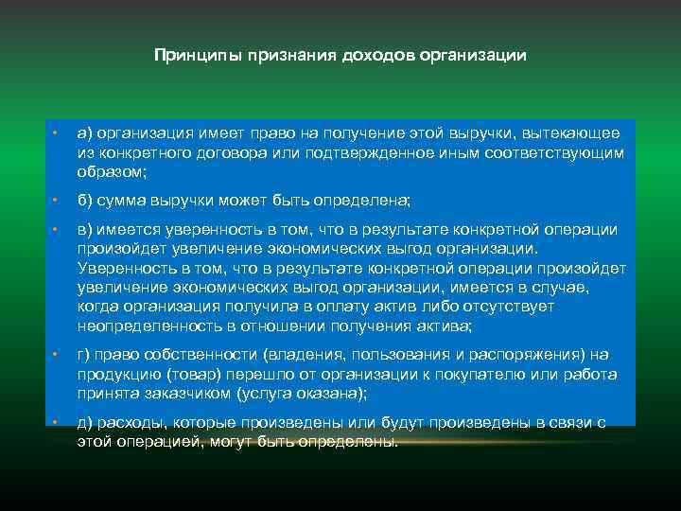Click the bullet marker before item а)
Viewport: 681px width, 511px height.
point(57,134)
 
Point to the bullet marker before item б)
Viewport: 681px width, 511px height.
point(57,202)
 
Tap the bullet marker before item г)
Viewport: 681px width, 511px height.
point(57,355)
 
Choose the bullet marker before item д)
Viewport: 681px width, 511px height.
point(57,422)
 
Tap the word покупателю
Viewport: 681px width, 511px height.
point(460,374)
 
